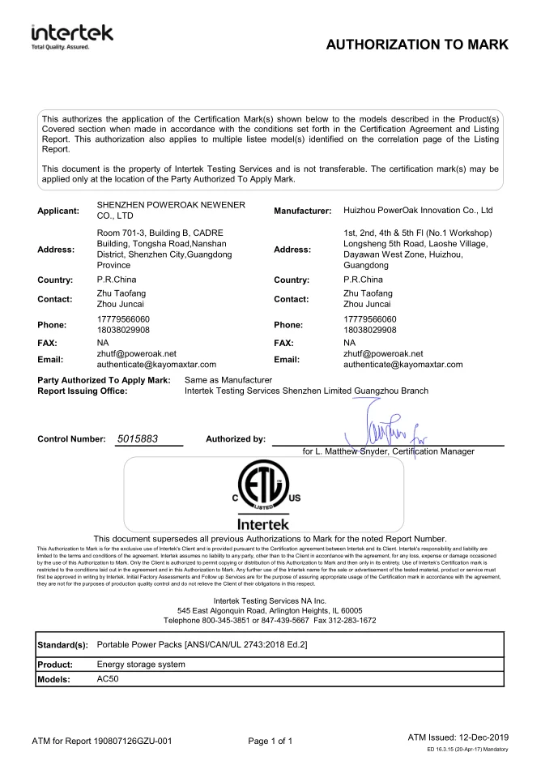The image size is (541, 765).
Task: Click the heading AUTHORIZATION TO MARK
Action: [x=416, y=45]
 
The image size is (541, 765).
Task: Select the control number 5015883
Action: [x=137, y=438]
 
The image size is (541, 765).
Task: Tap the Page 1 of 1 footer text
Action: [x=270, y=740]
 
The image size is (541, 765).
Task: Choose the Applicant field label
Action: [x=58, y=211]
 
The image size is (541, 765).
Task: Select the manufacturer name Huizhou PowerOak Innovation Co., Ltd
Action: [x=419, y=211]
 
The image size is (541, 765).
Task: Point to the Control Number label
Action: [x=71, y=439]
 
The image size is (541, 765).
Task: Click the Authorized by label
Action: [x=236, y=439]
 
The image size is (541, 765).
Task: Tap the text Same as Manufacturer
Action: [x=228, y=379]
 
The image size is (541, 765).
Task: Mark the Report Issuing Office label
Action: [x=83, y=391]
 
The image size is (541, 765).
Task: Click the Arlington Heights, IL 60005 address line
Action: [x=270, y=609]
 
